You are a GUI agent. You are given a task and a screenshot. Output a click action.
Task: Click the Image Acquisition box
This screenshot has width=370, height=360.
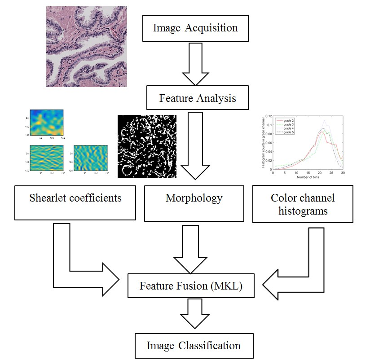point(195,28)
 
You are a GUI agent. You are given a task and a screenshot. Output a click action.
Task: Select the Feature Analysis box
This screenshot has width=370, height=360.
point(197,97)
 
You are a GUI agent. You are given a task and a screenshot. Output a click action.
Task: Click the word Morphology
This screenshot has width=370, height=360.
point(194,198)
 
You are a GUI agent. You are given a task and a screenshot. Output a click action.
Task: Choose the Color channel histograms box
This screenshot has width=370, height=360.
point(303,204)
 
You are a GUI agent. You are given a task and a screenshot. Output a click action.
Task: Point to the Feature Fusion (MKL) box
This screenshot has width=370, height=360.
point(191,285)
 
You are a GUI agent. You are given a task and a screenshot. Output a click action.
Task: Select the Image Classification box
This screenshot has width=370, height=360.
point(193,345)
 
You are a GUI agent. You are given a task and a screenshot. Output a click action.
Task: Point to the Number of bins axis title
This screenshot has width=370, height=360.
point(308,177)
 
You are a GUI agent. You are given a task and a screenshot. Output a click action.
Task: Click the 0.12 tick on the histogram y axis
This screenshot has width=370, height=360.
point(268,116)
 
